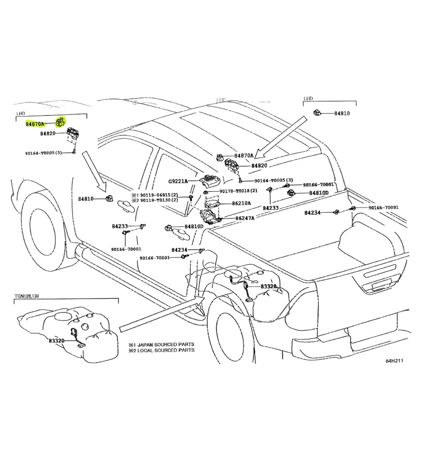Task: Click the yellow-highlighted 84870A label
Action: [35, 124]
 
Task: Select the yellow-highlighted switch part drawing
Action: [59, 122]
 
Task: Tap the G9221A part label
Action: [178, 181]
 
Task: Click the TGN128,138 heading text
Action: [30, 296]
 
